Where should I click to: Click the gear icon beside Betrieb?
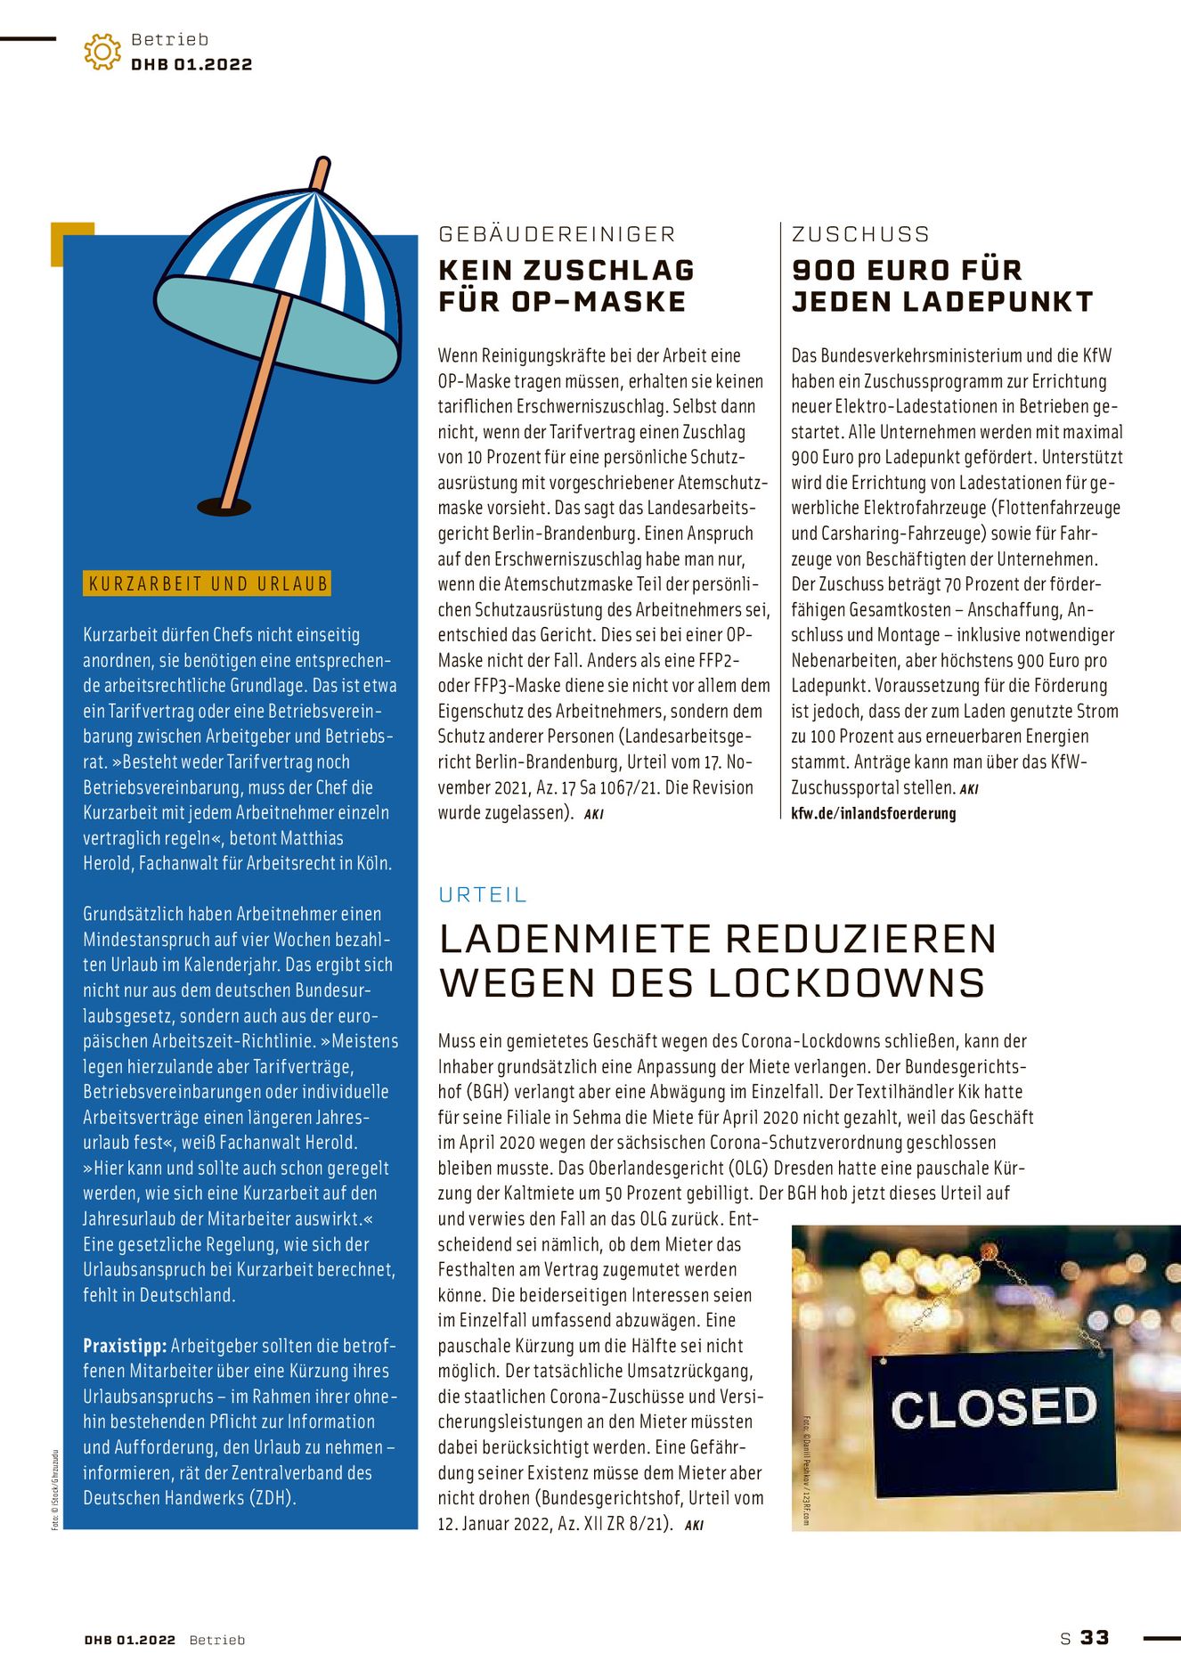click(102, 52)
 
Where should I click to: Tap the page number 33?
click(1095, 1638)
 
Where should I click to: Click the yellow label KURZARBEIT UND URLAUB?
click(207, 584)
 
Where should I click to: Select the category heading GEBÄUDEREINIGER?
click(558, 234)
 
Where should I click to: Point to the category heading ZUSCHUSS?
click(860, 234)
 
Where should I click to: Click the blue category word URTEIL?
click(483, 894)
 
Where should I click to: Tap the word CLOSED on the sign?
click(993, 1407)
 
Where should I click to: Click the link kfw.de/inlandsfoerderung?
click(873, 813)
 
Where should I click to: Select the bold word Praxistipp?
click(125, 1346)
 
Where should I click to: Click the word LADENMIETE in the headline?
click(574, 940)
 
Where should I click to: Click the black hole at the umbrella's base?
click(224, 507)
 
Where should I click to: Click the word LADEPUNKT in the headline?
click(998, 302)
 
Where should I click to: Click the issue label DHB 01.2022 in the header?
click(191, 65)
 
